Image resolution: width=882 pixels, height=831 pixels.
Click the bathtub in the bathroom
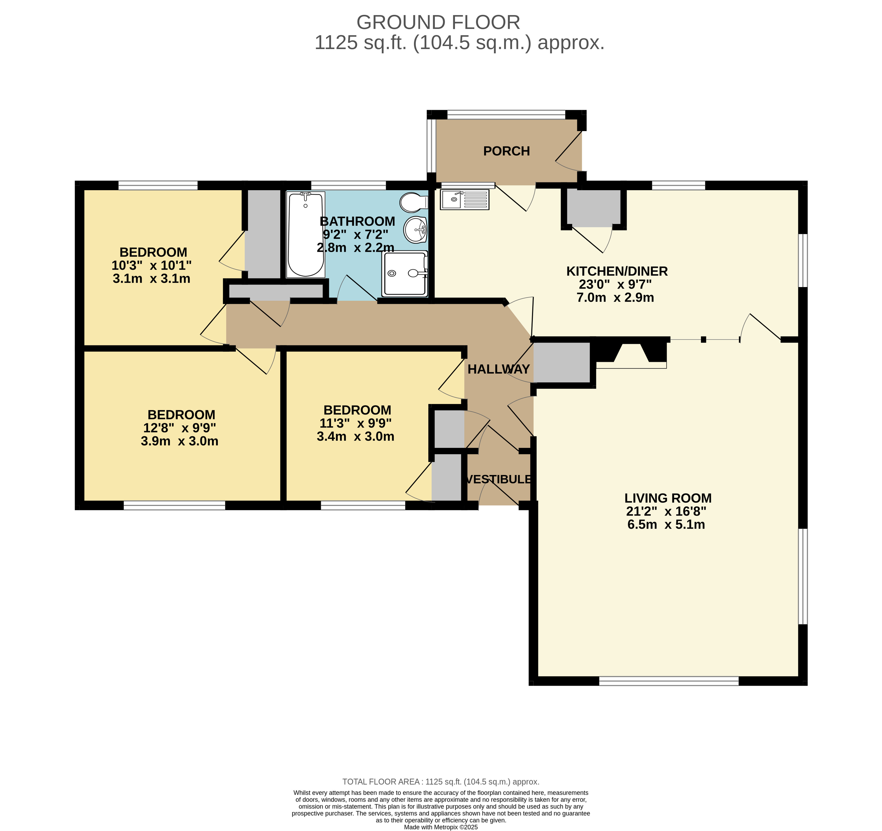305,234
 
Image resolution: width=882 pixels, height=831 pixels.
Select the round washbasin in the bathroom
416,229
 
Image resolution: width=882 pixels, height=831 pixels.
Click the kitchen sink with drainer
465,199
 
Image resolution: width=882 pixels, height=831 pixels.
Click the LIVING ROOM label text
668,498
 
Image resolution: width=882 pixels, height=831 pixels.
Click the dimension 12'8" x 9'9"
180,428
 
